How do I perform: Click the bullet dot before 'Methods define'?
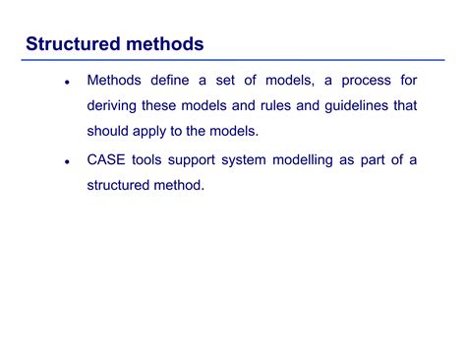point(66,84)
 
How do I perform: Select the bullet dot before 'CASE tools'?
point(66,160)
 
